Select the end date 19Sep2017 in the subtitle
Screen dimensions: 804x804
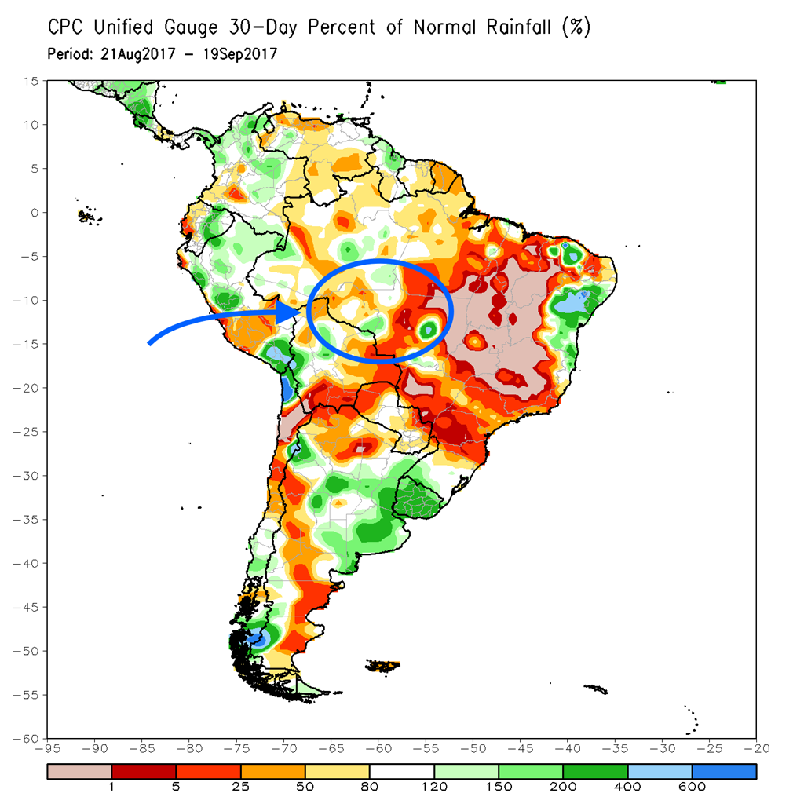pos(238,54)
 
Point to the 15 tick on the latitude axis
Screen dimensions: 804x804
pos(31,81)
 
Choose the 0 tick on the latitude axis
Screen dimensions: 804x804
pos(35,212)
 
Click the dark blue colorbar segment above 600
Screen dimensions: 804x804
pos(724,773)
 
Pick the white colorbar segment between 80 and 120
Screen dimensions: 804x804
pos(401,773)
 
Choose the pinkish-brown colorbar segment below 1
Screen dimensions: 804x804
pos(79,773)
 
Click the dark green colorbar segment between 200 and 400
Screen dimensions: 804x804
pos(595,773)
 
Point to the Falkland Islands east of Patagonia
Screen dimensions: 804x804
pos(382,666)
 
